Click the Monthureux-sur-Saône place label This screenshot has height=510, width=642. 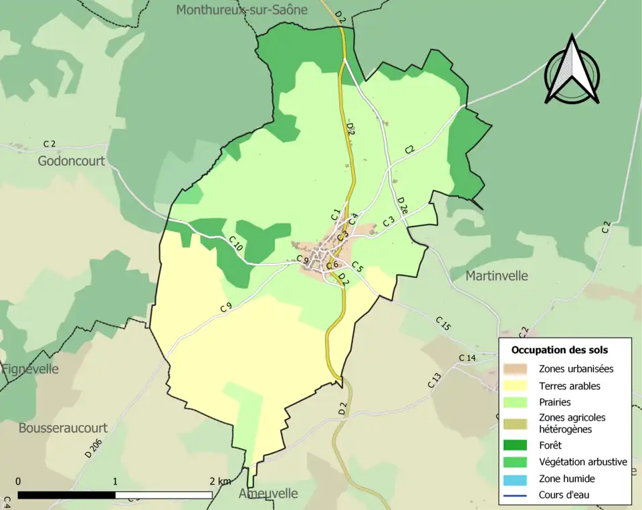241,9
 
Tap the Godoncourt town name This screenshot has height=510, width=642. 71,161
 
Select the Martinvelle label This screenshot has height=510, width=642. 496,275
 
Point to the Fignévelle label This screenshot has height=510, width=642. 30,369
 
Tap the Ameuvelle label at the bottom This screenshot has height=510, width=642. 267,493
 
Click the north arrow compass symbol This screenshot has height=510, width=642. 571,70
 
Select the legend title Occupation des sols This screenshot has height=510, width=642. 560,350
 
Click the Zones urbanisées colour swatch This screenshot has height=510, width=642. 516,368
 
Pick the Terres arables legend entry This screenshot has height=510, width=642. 569,386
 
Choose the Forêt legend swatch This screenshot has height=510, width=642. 516,445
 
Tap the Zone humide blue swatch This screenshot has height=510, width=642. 516,479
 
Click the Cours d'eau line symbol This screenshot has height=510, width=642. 516,495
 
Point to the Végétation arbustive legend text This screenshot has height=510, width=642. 582,462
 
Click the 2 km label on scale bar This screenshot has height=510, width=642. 219,481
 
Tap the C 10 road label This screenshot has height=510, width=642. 236,244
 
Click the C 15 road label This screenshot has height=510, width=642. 443,323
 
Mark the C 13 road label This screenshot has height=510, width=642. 435,380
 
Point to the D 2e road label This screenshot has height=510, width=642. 403,205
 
